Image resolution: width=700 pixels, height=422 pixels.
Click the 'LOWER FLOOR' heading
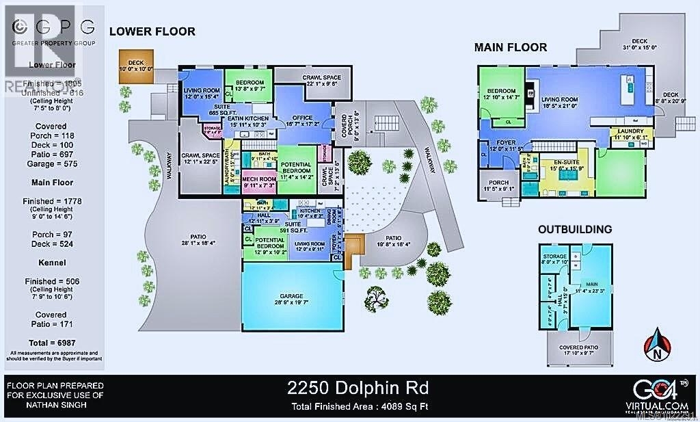[x=152, y=31]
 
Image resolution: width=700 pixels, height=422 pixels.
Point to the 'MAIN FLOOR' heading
[x=511, y=47]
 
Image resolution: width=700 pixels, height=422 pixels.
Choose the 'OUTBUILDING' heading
[x=574, y=229]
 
